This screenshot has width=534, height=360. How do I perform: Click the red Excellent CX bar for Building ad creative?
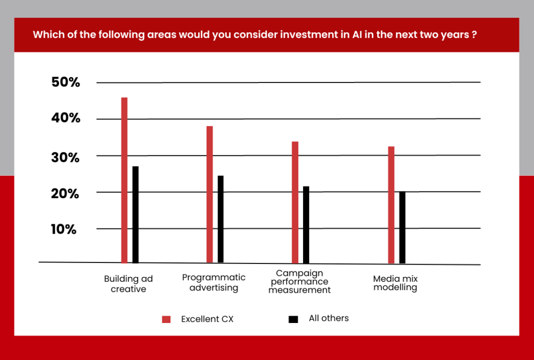pyautogui.click(x=124, y=180)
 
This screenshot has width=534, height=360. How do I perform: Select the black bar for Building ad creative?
pyautogui.click(x=136, y=214)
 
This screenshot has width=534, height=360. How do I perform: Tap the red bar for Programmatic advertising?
pyautogui.click(x=210, y=195)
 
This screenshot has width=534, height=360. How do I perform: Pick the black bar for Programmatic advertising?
pyautogui.click(x=221, y=219)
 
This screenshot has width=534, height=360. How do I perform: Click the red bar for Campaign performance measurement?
pyautogui.click(x=295, y=202)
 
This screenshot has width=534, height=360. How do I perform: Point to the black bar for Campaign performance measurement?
pyautogui.click(x=306, y=225)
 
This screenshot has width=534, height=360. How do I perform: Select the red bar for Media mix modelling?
pyautogui.click(x=391, y=205)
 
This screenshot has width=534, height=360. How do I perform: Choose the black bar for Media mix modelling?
pyautogui.click(x=402, y=227)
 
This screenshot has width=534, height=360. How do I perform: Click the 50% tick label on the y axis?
pyautogui.click(x=66, y=82)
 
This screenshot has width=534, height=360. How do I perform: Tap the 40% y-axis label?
pyautogui.click(x=66, y=118)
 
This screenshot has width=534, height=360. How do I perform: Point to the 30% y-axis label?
pyautogui.click(x=65, y=158)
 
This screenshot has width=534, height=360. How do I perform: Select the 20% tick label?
pyautogui.click(x=65, y=194)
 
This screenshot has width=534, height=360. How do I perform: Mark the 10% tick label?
pyautogui.click(x=64, y=229)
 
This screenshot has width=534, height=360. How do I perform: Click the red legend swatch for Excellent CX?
pyautogui.click(x=166, y=319)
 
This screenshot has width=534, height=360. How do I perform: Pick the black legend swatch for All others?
pyautogui.click(x=293, y=319)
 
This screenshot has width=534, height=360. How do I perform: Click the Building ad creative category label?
pyautogui.click(x=128, y=284)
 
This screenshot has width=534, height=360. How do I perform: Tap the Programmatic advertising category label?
pyautogui.click(x=214, y=282)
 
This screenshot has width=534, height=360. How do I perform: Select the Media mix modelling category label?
pyautogui.click(x=395, y=283)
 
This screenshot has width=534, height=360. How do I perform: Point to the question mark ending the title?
pyautogui.click(x=475, y=35)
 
